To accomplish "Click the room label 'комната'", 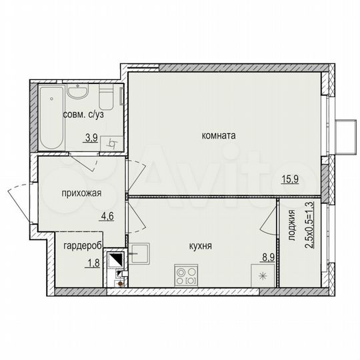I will click(219, 135).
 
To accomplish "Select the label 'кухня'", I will click(200, 246).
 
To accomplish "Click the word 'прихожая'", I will click(81, 194).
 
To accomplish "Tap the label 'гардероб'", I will click(83, 246).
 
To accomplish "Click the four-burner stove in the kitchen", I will click(186, 275).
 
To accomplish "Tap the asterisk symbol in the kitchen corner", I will click(262, 275).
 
